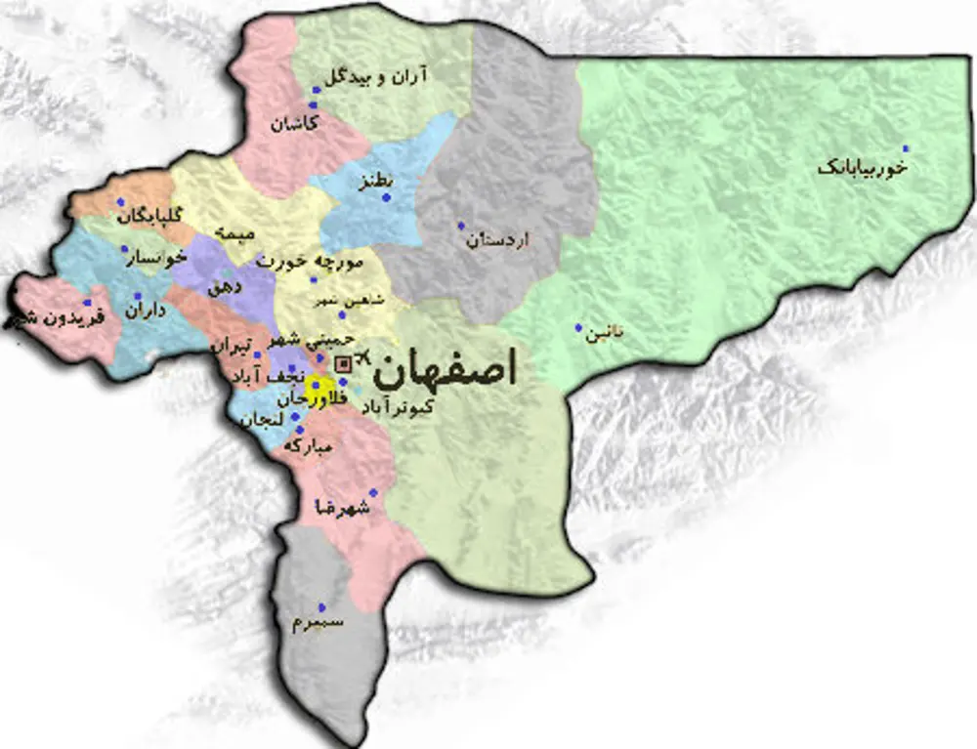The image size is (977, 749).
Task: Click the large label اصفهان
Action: click(x=446, y=372)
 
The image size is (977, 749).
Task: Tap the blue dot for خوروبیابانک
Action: click(x=906, y=148)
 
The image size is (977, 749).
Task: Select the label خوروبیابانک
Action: click(x=863, y=169)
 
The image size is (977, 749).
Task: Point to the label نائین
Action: click(x=604, y=335)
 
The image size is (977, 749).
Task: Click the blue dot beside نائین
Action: click(x=578, y=328)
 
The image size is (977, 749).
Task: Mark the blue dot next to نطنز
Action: click(x=386, y=198)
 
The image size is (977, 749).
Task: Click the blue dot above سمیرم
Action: click(x=321, y=606)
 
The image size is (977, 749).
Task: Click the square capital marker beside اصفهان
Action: click(x=343, y=364)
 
